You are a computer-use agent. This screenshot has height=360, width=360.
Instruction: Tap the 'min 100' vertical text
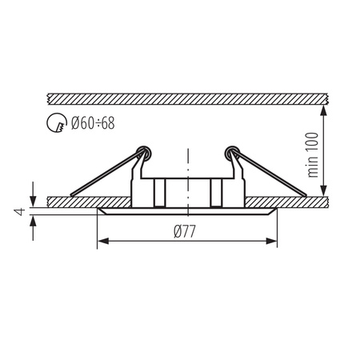pyautogui.click(x=314, y=154)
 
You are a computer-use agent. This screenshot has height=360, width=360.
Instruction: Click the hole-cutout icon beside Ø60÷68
pyautogui.click(x=58, y=124)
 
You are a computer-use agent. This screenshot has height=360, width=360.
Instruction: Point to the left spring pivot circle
pyautogui.click(x=144, y=150)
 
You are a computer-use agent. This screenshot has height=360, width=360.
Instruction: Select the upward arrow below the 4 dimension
pyautogui.click(x=33, y=219)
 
